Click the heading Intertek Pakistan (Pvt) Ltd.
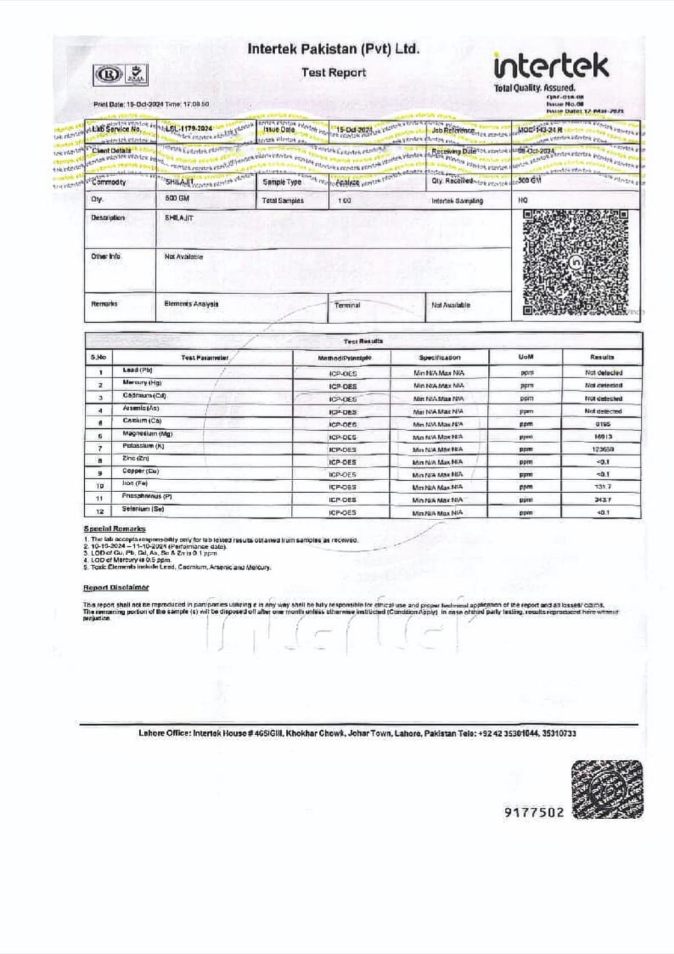click(x=333, y=49)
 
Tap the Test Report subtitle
click(x=333, y=72)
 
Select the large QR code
click(x=575, y=263)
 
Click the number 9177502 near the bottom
click(x=534, y=812)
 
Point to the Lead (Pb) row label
click(x=137, y=370)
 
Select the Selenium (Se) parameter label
click(x=143, y=509)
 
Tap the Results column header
click(x=602, y=357)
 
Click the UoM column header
click(x=525, y=357)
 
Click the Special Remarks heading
click(x=114, y=529)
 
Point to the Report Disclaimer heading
click(x=116, y=588)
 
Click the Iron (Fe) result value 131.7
click(x=602, y=487)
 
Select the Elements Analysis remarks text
click(x=191, y=304)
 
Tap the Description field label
click(x=108, y=218)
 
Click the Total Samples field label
click(x=283, y=200)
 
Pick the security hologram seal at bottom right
click(x=607, y=790)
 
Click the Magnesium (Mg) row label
click(x=147, y=434)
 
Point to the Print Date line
click(x=151, y=104)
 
